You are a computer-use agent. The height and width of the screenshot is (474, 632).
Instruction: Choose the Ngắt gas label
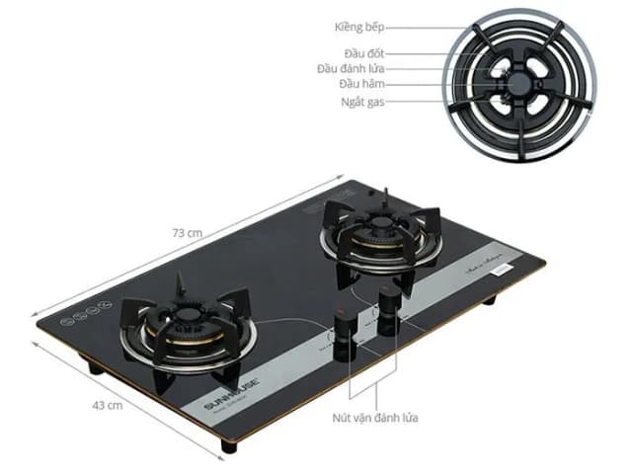(361, 101)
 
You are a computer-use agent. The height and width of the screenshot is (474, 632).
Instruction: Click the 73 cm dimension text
(187, 233)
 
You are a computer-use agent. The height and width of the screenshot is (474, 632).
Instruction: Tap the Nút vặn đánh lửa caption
(374, 418)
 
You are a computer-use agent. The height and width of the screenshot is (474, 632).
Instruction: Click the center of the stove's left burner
(191, 331)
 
